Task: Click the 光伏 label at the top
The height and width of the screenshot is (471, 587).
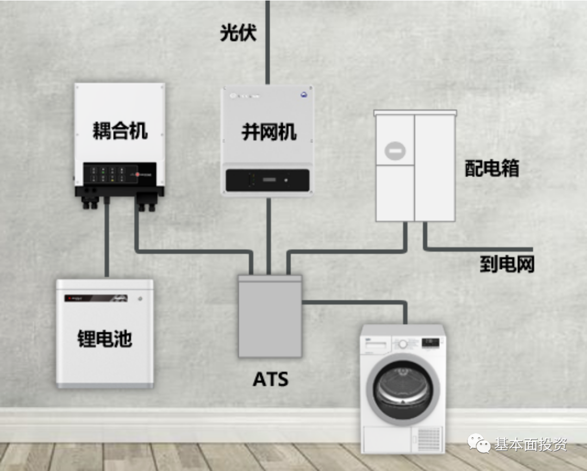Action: tap(238, 33)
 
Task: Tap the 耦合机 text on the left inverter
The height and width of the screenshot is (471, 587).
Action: tap(120, 131)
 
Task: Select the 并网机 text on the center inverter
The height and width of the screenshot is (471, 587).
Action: tap(269, 132)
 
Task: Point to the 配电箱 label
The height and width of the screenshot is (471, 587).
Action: tap(492, 168)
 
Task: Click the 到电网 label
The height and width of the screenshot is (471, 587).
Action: tap(507, 264)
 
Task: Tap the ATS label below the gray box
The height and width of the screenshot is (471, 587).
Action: tap(270, 379)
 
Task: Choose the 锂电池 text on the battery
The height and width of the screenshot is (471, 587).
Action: tap(105, 339)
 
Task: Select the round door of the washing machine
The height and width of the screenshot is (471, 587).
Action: tap(403, 388)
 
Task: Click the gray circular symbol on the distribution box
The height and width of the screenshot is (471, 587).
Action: tap(395, 150)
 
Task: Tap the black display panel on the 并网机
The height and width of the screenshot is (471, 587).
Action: tap(268, 180)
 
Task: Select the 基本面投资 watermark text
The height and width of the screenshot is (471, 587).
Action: tap(530, 444)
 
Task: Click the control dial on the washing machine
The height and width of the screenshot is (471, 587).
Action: tap(403, 344)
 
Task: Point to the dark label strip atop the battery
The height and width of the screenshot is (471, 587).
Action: tap(96, 298)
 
